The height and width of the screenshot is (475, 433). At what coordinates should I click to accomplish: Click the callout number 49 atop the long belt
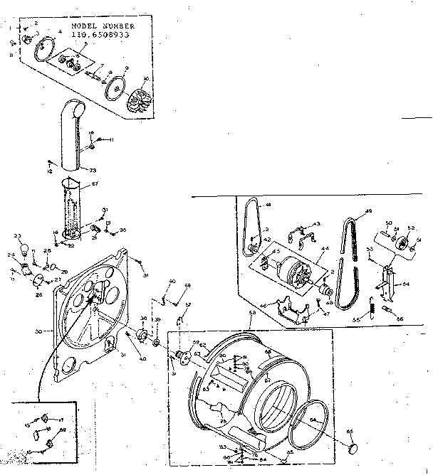tap(369, 210)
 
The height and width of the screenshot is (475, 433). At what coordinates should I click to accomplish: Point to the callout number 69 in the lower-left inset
tap(62, 430)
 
